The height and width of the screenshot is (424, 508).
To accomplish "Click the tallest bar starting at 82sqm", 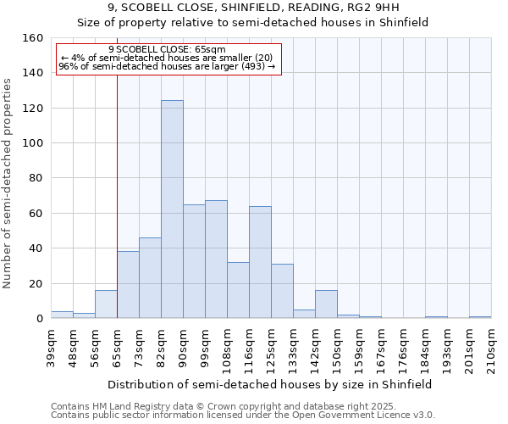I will (x=172, y=209).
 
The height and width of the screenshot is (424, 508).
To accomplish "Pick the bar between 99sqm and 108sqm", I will (x=216, y=259).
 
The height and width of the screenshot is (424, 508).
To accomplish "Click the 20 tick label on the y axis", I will (x=36, y=284).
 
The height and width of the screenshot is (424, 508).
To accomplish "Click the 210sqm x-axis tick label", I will (x=491, y=349).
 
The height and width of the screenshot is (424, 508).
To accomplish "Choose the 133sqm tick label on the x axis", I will (x=293, y=349).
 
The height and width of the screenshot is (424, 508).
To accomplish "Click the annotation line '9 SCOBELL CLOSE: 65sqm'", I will (x=167, y=49).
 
